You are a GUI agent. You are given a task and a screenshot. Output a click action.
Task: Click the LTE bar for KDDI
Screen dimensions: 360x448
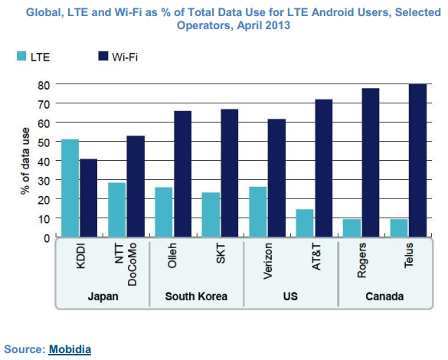70,188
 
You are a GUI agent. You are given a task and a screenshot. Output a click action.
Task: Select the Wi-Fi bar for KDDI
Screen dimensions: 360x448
89,198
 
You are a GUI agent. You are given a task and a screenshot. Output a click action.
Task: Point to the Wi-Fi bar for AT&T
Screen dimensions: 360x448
323,169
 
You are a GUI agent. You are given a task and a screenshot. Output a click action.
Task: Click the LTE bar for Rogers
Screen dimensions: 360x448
352,228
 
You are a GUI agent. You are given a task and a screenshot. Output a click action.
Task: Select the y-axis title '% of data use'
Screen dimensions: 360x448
25,161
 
